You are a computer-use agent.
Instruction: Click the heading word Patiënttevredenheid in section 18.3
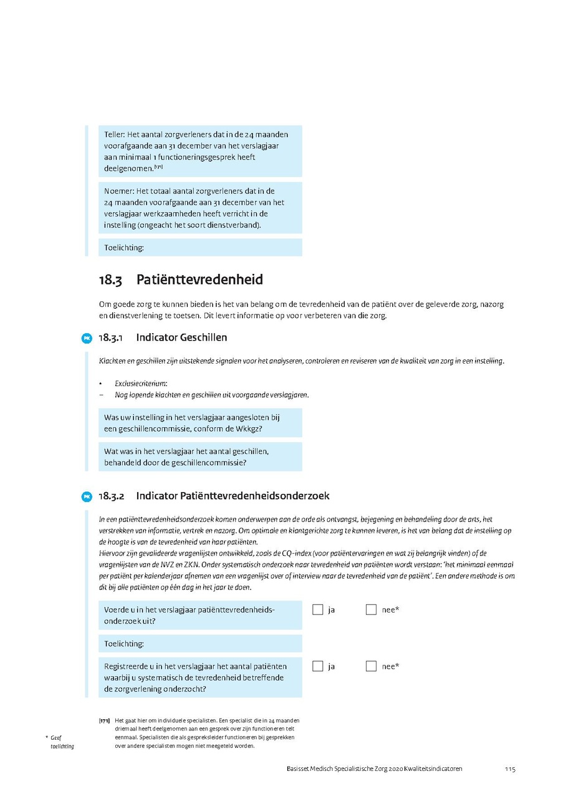(199, 279)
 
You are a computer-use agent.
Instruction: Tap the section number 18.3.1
(112, 337)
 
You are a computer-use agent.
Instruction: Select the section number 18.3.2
(112, 496)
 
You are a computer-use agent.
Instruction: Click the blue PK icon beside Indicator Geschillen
(87, 338)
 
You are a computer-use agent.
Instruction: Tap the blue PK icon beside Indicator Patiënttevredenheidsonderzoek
(87, 496)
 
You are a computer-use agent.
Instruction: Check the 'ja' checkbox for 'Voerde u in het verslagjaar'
(318, 609)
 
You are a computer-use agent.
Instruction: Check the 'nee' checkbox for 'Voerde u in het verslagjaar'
(371, 609)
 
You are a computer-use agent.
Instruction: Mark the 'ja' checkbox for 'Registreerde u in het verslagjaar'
(318, 666)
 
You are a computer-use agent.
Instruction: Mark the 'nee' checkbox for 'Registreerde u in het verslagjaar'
(371, 666)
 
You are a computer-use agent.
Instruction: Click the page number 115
(510, 769)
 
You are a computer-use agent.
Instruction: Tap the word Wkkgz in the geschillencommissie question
(249, 428)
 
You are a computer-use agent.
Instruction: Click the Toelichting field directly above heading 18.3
(199, 248)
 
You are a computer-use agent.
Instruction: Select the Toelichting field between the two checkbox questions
(199, 643)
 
